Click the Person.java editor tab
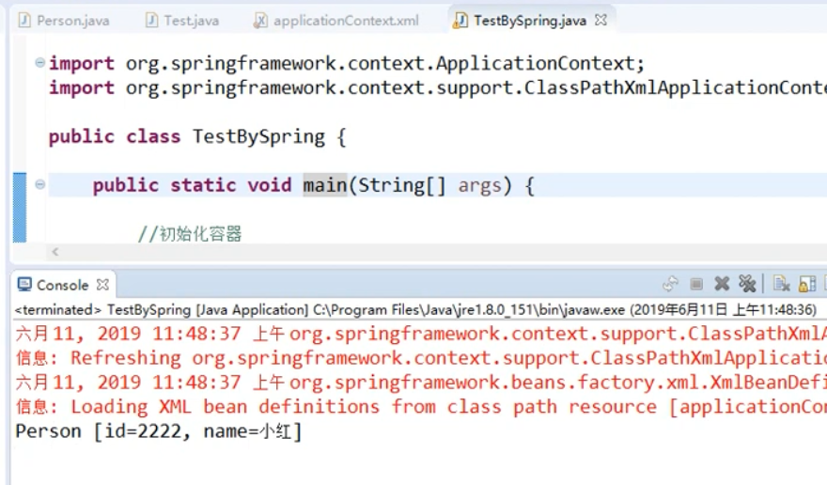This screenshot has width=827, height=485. pos(59,20)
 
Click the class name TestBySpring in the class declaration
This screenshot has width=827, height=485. pos(258,136)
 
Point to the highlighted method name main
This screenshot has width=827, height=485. pos(324,185)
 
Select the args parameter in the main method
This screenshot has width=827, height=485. pos(479,185)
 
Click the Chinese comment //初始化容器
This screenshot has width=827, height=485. pos(190,234)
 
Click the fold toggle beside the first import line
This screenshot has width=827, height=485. pos(39,63)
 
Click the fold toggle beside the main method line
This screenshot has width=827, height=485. pos(39,184)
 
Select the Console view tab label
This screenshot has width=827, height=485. pos(62,285)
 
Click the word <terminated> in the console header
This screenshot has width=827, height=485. pos(57,309)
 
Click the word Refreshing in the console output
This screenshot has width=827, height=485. pos(126,358)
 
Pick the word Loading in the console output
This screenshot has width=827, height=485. pos(109,407)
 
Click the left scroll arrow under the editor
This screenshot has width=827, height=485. pos(55,252)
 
